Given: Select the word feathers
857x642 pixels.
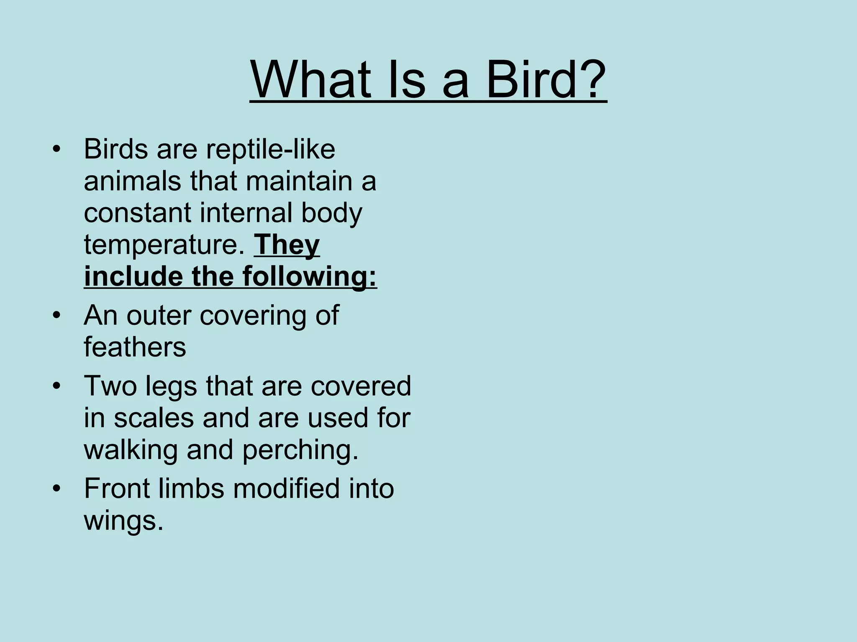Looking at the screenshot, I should pos(135,347).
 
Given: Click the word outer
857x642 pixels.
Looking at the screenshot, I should pos(159,315).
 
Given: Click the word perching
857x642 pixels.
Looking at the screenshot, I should pos(300,450).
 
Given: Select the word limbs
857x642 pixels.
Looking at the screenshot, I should pos(191,488).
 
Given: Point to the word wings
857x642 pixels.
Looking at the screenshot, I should pos(123,521).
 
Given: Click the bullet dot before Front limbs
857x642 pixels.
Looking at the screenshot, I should pos(57,488).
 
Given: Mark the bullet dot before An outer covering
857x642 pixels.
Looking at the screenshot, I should pos(57,315).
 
